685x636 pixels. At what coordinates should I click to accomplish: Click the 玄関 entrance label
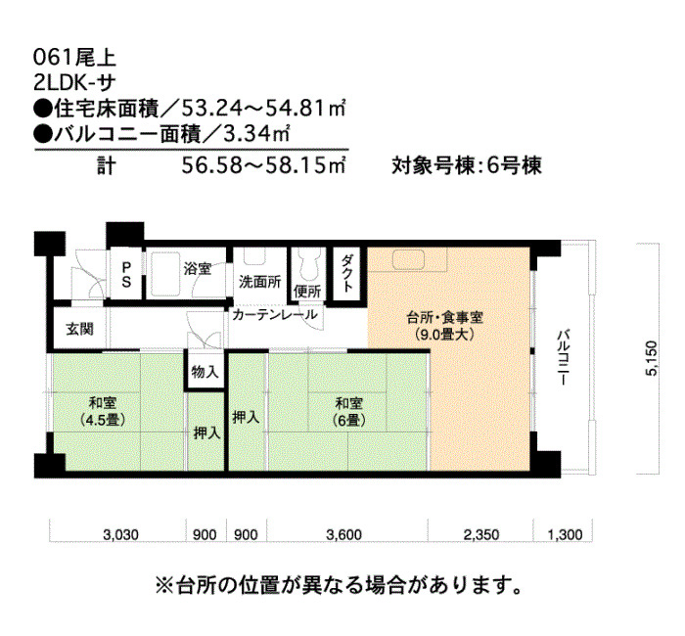click(x=80, y=329)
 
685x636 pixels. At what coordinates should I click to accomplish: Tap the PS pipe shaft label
click(x=126, y=275)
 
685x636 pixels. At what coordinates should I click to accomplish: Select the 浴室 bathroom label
click(x=198, y=268)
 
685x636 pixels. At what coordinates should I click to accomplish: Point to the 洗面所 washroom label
click(x=260, y=282)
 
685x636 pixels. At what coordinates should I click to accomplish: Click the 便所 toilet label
click(x=307, y=292)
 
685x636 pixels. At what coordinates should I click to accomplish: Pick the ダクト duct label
click(x=346, y=273)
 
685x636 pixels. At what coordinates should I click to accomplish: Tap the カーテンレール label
click(x=275, y=314)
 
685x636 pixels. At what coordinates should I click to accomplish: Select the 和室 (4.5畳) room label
click(x=103, y=411)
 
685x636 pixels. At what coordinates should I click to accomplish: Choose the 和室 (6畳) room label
click(x=349, y=411)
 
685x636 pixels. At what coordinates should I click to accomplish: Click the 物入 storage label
click(x=205, y=372)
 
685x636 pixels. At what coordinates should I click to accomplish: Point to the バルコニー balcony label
click(x=564, y=358)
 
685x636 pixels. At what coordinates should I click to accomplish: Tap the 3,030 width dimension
click(x=121, y=534)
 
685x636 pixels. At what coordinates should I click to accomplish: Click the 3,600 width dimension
click(x=343, y=534)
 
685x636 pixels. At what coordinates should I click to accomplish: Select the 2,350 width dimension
click(x=481, y=534)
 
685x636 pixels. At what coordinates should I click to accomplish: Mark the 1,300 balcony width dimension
click(x=565, y=534)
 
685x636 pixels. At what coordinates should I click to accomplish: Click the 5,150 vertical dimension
click(x=651, y=358)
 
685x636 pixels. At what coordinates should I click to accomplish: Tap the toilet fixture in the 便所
click(x=309, y=266)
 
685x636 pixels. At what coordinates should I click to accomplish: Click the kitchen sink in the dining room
click(x=408, y=260)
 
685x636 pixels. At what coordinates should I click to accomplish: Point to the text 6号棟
click(x=514, y=165)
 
